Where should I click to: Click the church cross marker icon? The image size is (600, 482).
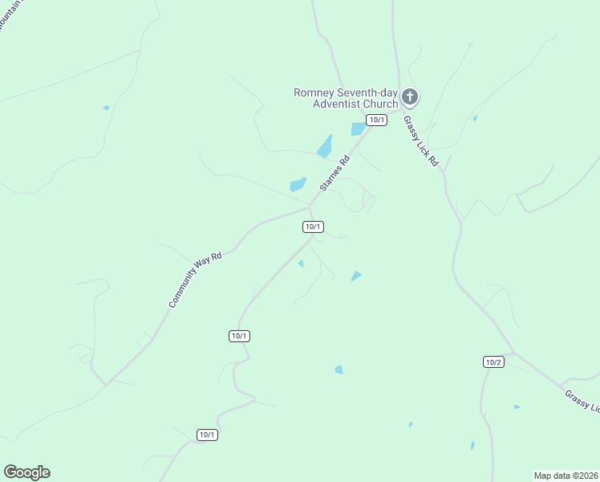click(x=410, y=98)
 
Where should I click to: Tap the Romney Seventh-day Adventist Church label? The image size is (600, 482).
click(x=346, y=98)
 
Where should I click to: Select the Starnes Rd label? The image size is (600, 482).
click(x=335, y=173)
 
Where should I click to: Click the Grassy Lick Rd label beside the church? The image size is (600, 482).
click(x=421, y=141)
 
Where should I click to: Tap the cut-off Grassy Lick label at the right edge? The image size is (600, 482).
click(x=582, y=401)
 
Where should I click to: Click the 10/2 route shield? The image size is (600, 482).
click(x=493, y=362)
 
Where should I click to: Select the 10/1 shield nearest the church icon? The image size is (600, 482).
click(x=376, y=120)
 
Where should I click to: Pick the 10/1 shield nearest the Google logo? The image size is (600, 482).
click(x=207, y=435)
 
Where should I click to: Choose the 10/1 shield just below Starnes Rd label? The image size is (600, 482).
click(x=313, y=227)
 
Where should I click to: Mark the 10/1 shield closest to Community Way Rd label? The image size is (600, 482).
click(x=239, y=336)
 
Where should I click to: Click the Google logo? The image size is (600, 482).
click(x=26, y=472)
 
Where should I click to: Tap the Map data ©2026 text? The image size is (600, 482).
click(x=566, y=475)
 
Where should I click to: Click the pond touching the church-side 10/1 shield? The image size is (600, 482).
click(x=358, y=129)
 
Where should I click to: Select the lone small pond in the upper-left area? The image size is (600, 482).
click(x=106, y=107)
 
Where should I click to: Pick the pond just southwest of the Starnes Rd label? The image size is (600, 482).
click(x=298, y=184)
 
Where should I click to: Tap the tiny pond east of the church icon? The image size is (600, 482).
click(x=475, y=119)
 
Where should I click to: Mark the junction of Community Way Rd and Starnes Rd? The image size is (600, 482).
click(x=310, y=206)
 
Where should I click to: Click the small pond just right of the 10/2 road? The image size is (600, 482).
click(x=517, y=407)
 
